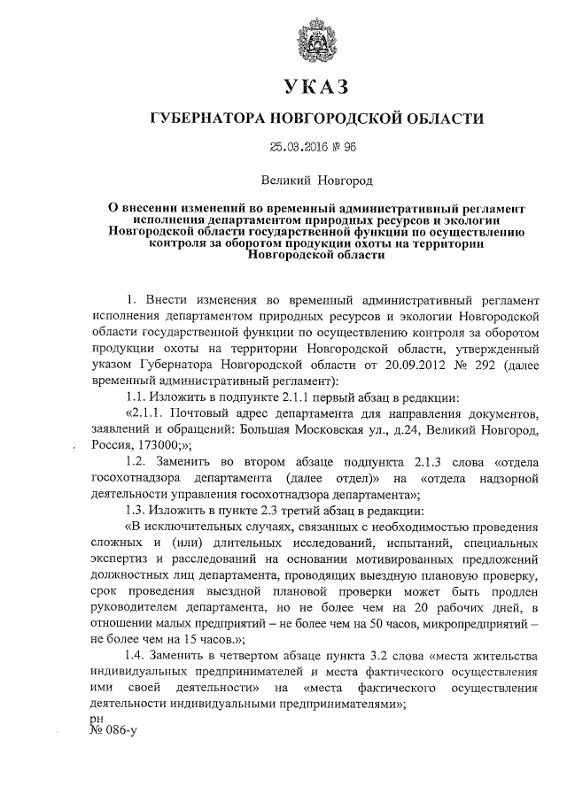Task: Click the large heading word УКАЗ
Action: coord(315,89)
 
